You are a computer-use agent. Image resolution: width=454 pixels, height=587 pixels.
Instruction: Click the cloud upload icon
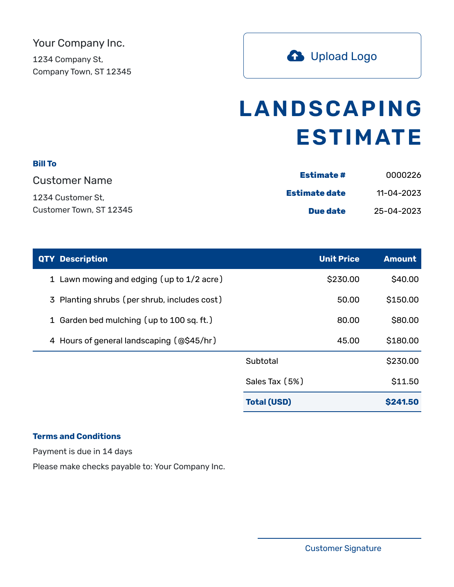pyautogui.click(x=295, y=56)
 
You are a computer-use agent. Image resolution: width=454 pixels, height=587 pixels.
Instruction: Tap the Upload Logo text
pyautogui.click(x=344, y=56)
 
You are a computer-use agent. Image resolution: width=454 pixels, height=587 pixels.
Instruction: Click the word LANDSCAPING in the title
pyautogui.click(x=330, y=109)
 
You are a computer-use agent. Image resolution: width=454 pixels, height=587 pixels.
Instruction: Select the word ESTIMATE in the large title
pyautogui.click(x=359, y=137)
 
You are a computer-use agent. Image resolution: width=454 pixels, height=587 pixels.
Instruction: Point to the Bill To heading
pyautogui.click(x=45, y=164)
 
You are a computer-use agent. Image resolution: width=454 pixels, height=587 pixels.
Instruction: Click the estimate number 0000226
pyautogui.click(x=403, y=175)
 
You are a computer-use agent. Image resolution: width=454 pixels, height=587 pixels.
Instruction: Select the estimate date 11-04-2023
pyautogui.click(x=399, y=193)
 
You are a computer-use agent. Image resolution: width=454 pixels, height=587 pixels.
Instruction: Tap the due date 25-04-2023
pyautogui.click(x=398, y=211)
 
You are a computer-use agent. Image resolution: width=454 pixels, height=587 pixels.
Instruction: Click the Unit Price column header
pyautogui.click(x=339, y=259)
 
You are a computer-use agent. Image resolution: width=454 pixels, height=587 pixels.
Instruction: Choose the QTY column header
pyautogui.click(x=46, y=259)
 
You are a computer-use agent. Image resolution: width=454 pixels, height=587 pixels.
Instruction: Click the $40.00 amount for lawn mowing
pyautogui.click(x=405, y=279)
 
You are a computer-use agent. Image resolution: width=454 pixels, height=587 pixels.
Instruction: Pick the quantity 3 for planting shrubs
pyautogui.click(x=52, y=300)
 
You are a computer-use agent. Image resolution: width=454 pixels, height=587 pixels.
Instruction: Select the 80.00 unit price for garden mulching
pyautogui.click(x=348, y=320)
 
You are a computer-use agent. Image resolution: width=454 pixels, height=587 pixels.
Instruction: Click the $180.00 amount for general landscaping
pyautogui.click(x=402, y=341)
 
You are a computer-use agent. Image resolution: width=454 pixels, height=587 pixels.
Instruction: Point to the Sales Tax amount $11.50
pyautogui.click(x=405, y=381)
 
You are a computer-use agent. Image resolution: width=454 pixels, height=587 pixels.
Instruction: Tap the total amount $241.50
pyautogui.click(x=402, y=402)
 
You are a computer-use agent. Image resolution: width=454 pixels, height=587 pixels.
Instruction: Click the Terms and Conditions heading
pyautogui.click(x=76, y=436)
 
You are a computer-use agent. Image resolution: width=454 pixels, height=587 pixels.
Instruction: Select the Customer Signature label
pyautogui.click(x=343, y=548)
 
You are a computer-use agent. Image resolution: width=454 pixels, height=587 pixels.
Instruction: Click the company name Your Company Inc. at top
pyautogui.click(x=79, y=43)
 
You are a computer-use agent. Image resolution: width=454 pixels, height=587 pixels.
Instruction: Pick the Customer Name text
pyautogui.click(x=72, y=180)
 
